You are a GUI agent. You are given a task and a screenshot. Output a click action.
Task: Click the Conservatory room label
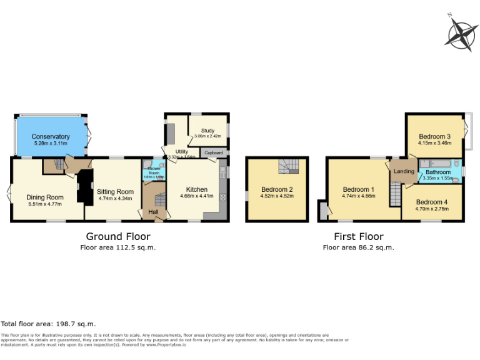51,136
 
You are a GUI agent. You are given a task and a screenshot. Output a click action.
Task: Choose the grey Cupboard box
213,152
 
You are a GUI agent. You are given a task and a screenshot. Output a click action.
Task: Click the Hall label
152,212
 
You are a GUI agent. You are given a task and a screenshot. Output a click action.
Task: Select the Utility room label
182,151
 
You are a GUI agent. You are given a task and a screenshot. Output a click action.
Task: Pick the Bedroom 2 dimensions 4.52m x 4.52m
277,196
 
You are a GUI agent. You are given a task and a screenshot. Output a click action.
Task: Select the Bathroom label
438,172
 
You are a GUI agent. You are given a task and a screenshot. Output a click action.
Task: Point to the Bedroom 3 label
434,136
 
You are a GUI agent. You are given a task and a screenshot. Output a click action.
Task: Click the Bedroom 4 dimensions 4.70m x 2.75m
432,209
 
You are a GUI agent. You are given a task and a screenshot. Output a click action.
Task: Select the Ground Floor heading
117,236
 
